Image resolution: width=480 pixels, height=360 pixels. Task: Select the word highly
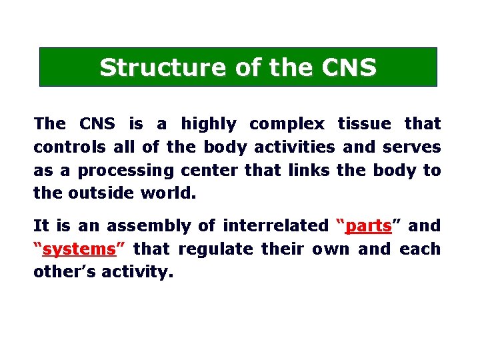coord(209,124)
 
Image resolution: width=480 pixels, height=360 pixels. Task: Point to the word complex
coord(287,124)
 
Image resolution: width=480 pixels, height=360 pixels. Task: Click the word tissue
coord(365,124)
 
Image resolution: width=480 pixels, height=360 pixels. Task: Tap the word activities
coord(295,147)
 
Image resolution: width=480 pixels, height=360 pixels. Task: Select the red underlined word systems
coord(79,249)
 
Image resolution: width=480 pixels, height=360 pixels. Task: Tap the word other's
coord(65,273)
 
